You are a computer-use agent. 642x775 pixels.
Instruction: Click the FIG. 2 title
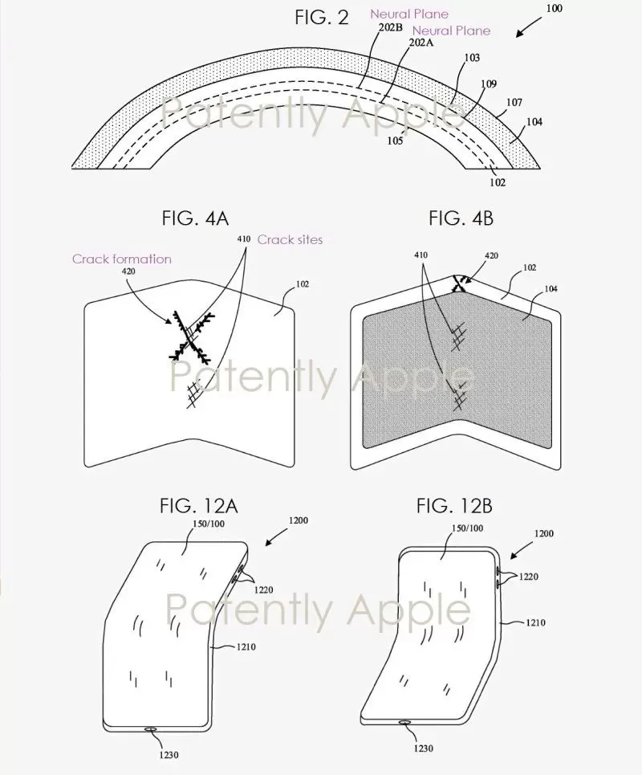pos(322,18)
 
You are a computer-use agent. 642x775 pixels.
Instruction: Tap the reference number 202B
pos(391,27)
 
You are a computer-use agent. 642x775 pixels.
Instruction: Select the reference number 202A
pos(421,43)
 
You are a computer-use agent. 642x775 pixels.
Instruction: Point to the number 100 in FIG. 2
pos(554,8)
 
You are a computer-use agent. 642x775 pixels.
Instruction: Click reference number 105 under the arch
pos(395,141)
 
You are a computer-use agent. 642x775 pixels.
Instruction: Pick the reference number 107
pos(514,102)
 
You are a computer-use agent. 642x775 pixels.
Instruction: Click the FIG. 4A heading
pos(195,218)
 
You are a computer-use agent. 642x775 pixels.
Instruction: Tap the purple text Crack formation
pos(121,259)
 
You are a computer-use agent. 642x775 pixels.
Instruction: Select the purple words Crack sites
pos(290,239)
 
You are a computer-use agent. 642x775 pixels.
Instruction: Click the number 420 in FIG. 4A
pos(128,271)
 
